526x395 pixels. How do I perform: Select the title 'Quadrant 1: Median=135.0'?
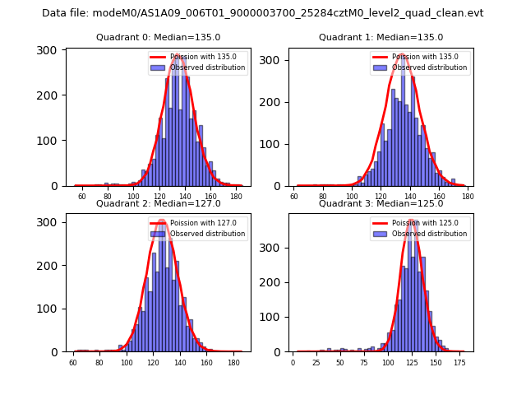pos(381,37)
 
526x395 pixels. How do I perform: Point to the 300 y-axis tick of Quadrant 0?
pos(52,50)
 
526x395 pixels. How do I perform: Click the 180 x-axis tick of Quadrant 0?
pos(236,197)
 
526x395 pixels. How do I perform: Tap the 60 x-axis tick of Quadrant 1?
pos(294,197)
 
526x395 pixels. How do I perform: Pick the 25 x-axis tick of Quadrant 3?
pos(316,362)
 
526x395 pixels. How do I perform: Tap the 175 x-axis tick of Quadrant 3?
pos(459,362)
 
